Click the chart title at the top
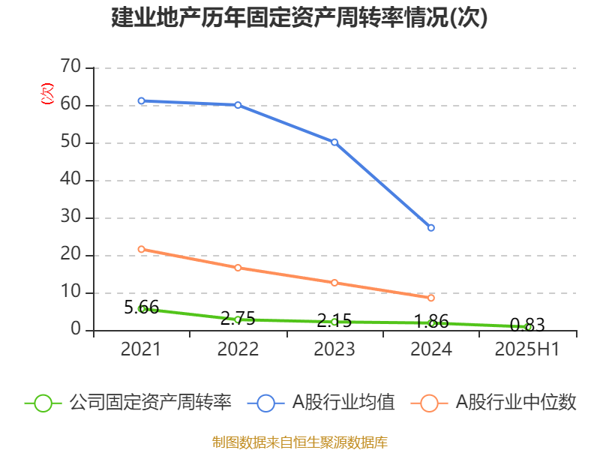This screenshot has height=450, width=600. point(299,18)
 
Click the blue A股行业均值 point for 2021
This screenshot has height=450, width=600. point(141,100)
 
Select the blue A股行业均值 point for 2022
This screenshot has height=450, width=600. point(238,105)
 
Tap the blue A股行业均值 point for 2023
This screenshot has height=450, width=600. point(334,142)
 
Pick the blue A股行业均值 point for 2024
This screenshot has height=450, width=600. point(431,228)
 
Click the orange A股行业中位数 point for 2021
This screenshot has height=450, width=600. point(141,249)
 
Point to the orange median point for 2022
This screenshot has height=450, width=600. point(238,268)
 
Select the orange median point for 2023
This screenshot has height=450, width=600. point(334,283)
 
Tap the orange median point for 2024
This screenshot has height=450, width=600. point(431,298)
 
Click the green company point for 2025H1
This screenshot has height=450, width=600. point(528,327)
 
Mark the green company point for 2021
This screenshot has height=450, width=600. point(141,308)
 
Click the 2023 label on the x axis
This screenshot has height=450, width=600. point(334,349)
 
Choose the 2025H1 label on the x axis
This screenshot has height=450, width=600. point(528,349)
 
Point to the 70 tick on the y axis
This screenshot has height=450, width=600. point(70,67)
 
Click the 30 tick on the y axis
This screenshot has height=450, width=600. point(70,217)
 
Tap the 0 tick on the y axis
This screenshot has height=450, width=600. point(76,329)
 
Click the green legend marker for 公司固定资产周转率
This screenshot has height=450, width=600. point(43,403)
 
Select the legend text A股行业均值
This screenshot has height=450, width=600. point(343,403)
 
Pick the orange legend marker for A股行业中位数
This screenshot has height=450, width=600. point(429,403)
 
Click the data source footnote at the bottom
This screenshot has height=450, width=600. point(299,442)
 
